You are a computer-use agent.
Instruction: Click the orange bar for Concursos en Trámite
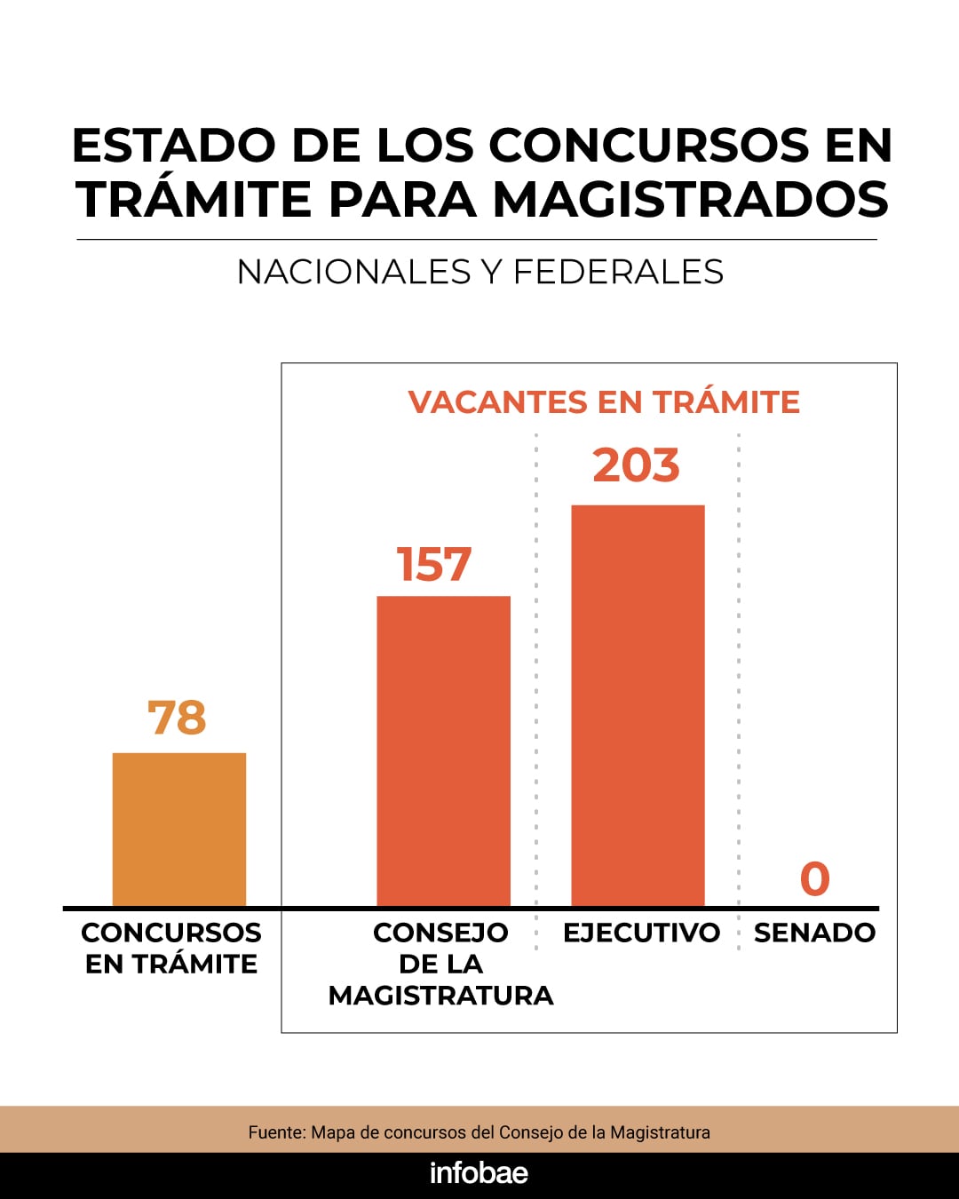pyautogui.click(x=178, y=830)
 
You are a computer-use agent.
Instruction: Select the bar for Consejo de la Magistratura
pyautogui.click(x=443, y=751)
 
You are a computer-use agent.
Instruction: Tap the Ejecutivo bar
pyautogui.click(x=638, y=706)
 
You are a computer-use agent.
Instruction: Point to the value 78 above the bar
pyautogui.click(x=178, y=718)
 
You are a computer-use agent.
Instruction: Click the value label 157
pyautogui.click(x=434, y=565)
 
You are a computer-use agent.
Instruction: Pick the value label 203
pyautogui.click(x=636, y=465)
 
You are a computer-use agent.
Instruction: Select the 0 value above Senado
pyautogui.click(x=814, y=879)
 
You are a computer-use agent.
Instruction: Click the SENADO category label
pyautogui.click(x=814, y=933)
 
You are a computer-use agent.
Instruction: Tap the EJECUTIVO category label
pyautogui.click(x=641, y=933)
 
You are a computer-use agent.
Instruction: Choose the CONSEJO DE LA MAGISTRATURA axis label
pyautogui.click(x=440, y=964)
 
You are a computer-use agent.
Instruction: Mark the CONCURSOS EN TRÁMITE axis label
pyautogui.click(x=171, y=948)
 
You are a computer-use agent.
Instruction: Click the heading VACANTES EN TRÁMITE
pyautogui.click(x=604, y=402)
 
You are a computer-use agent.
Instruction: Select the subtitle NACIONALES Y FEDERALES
pyautogui.click(x=480, y=272)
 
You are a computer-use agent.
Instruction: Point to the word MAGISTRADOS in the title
pyautogui.click(x=691, y=199)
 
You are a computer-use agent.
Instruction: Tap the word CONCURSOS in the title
pyautogui.click(x=649, y=146)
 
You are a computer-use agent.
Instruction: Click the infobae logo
pyautogui.click(x=479, y=1173)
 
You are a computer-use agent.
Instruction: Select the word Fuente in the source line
pyautogui.click(x=276, y=1132)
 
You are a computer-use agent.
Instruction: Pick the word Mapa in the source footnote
pyautogui.click(x=334, y=1132)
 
